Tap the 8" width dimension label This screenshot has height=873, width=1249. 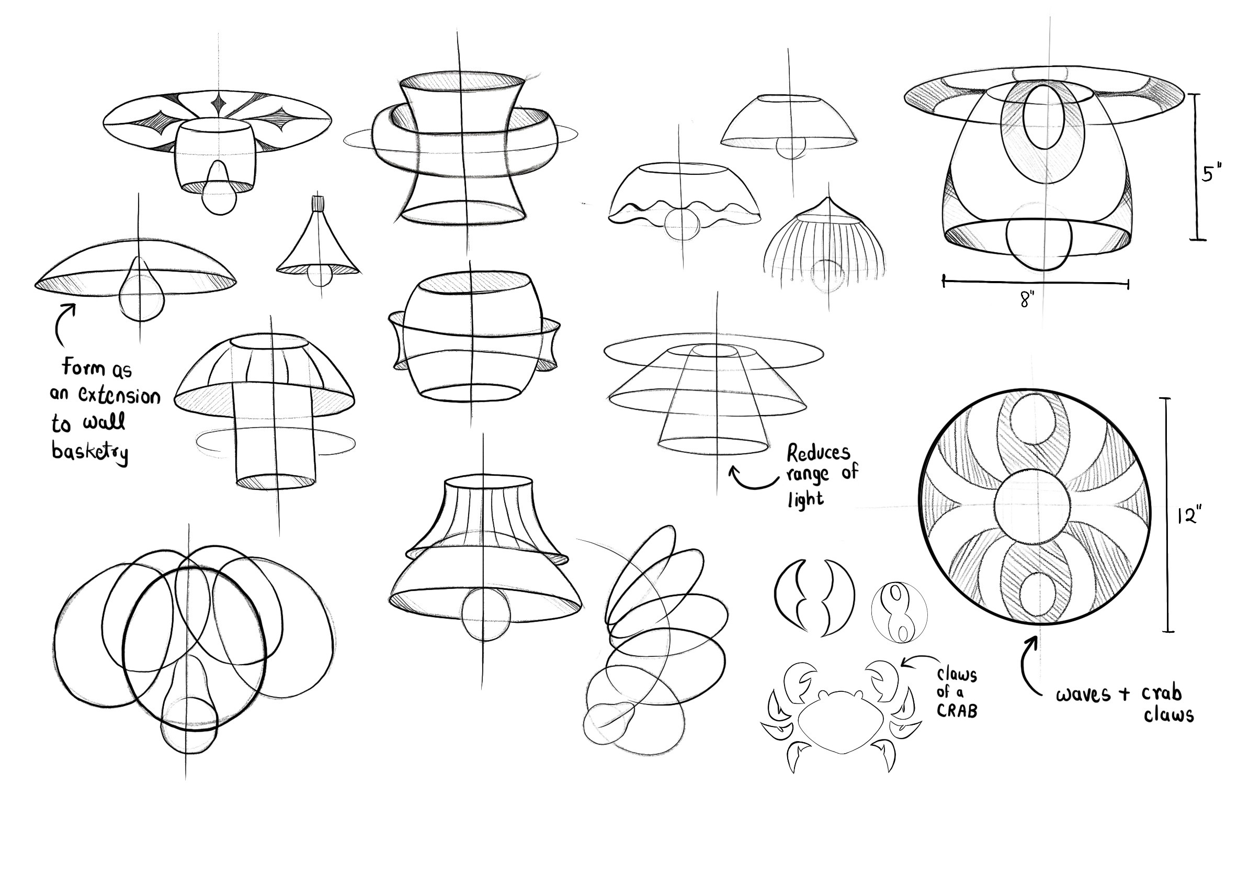click(1027, 299)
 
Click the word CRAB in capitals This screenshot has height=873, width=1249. click(957, 711)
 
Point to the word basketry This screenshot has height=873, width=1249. click(90, 452)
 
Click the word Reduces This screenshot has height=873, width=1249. click(818, 453)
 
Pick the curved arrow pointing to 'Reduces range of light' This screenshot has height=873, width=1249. click(753, 480)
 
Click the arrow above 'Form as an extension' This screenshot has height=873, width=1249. click(63, 324)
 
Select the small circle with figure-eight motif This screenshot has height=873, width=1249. click(899, 613)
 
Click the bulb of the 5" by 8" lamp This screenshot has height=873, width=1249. click(1039, 244)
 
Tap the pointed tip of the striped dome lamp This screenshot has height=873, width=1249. click(828, 198)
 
